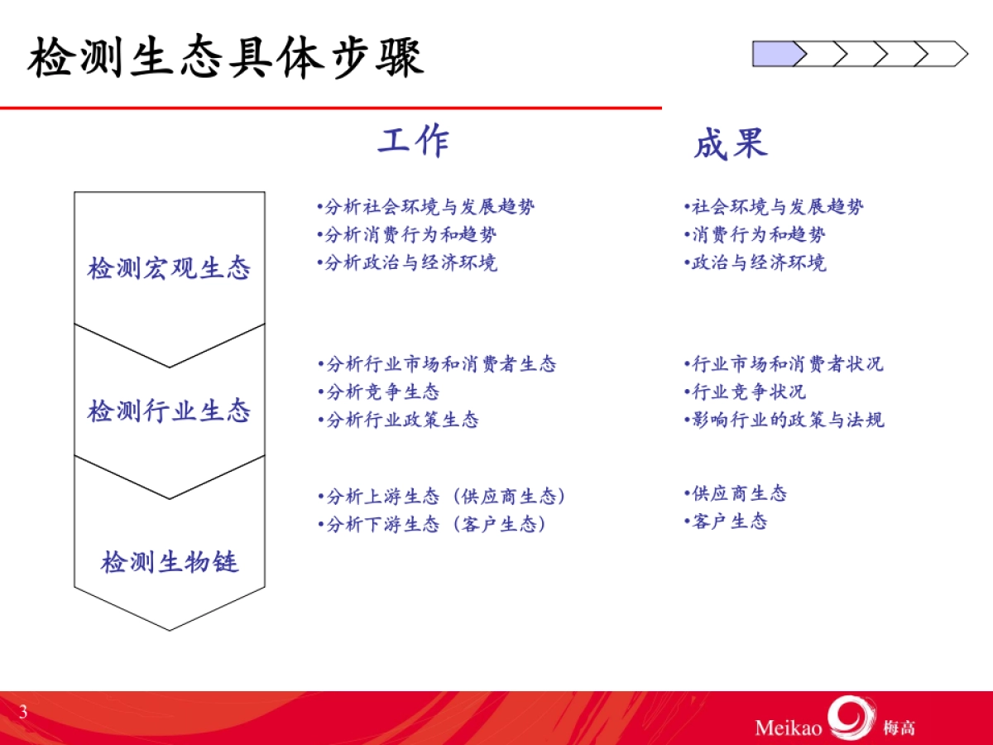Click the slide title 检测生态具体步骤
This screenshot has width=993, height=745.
(x=225, y=60)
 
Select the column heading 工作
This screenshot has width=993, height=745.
(x=414, y=142)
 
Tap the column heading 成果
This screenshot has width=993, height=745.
(x=730, y=144)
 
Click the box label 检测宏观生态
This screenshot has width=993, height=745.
(x=169, y=269)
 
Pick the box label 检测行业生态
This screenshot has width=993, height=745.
(x=169, y=411)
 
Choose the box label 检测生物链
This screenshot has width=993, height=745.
(x=169, y=563)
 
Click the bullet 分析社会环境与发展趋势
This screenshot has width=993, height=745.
(x=426, y=207)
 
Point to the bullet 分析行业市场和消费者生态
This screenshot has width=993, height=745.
(x=437, y=364)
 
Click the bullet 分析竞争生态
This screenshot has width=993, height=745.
(x=379, y=392)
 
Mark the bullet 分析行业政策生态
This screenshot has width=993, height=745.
(x=398, y=421)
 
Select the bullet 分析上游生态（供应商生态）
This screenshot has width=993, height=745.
(x=443, y=497)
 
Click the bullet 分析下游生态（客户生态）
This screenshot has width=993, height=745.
(x=433, y=525)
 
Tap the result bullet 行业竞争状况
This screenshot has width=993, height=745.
(x=745, y=392)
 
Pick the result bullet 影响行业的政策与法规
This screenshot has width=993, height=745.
(x=784, y=420)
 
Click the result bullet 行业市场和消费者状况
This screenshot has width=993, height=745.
(x=784, y=364)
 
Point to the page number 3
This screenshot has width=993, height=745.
(x=23, y=712)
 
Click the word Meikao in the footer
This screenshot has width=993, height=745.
(x=788, y=728)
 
